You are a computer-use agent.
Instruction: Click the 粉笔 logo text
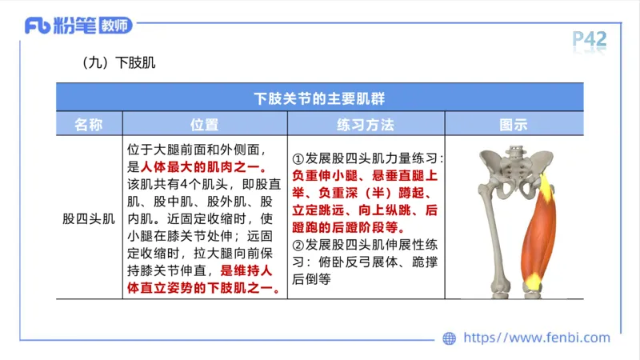point(74,26)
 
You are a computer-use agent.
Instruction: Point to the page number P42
point(590,38)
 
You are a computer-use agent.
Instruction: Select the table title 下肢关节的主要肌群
point(319,98)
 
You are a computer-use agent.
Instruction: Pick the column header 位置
point(204,124)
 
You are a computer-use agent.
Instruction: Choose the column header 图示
point(514,124)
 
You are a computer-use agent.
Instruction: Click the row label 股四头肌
point(89,218)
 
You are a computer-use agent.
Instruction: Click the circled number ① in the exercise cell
point(298,159)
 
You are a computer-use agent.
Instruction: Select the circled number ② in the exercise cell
point(298,246)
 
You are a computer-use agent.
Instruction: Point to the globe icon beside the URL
point(450,338)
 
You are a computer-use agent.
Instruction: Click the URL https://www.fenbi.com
point(537,338)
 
